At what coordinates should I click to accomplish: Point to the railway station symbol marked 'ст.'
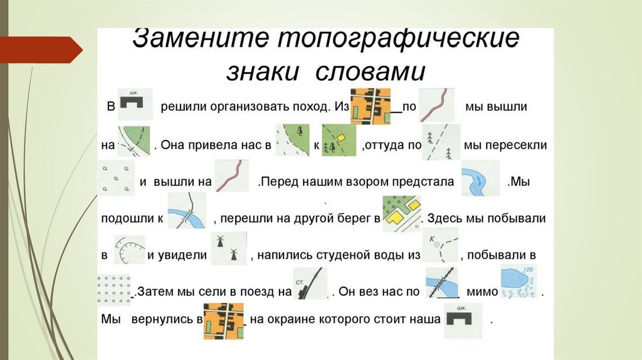tap(311, 283)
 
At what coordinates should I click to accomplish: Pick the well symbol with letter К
tap(441, 245)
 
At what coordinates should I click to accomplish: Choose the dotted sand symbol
tap(114, 287)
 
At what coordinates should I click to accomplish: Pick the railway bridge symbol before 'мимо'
tap(443, 283)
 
